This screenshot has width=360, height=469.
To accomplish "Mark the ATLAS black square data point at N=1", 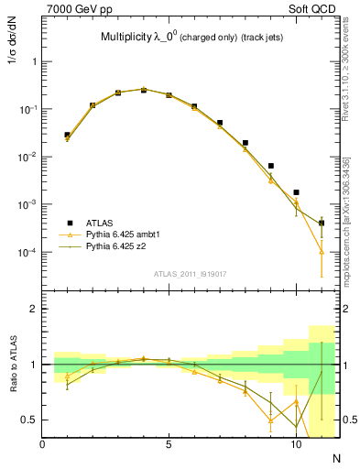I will (x=67, y=135).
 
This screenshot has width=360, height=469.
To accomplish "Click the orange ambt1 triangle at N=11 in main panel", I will (x=322, y=252).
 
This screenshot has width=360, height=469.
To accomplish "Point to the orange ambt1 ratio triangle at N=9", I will (x=270, y=420).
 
